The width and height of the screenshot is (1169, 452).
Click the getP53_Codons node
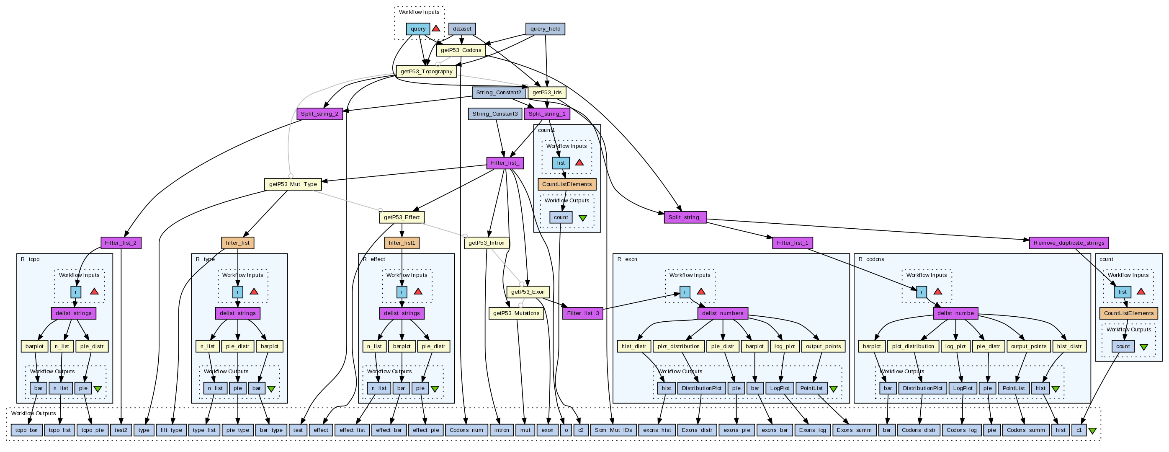click(461, 50)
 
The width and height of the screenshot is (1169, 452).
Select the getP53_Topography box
click(426, 71)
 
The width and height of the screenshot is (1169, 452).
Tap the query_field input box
click(545, 28)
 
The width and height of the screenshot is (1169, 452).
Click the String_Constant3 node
click(494, 114)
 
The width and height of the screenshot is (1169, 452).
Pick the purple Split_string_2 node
click(319, 114)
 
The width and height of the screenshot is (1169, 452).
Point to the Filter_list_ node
click(505, 163)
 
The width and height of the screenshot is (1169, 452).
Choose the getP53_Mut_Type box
click(293, 184)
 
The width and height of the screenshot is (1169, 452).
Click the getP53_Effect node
click(402, 217)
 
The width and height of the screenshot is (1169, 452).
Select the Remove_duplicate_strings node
click(1068, 243)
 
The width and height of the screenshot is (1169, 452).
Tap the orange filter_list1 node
click(402, 243)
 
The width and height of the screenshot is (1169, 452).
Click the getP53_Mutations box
click(516, 313)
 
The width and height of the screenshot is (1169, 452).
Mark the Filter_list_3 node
click(583, 313)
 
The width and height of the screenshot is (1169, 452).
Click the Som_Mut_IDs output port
click(613, 430)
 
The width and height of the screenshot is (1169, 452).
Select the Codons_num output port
click(466, 430)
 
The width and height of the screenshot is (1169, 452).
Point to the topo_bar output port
click(26, 430)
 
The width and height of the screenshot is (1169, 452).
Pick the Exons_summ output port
click(854, 430)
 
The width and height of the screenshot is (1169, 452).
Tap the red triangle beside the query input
click(435, 28)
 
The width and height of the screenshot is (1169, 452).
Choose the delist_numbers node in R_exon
click(722, 313)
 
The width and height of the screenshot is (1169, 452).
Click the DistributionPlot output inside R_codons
click(922, 388)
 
